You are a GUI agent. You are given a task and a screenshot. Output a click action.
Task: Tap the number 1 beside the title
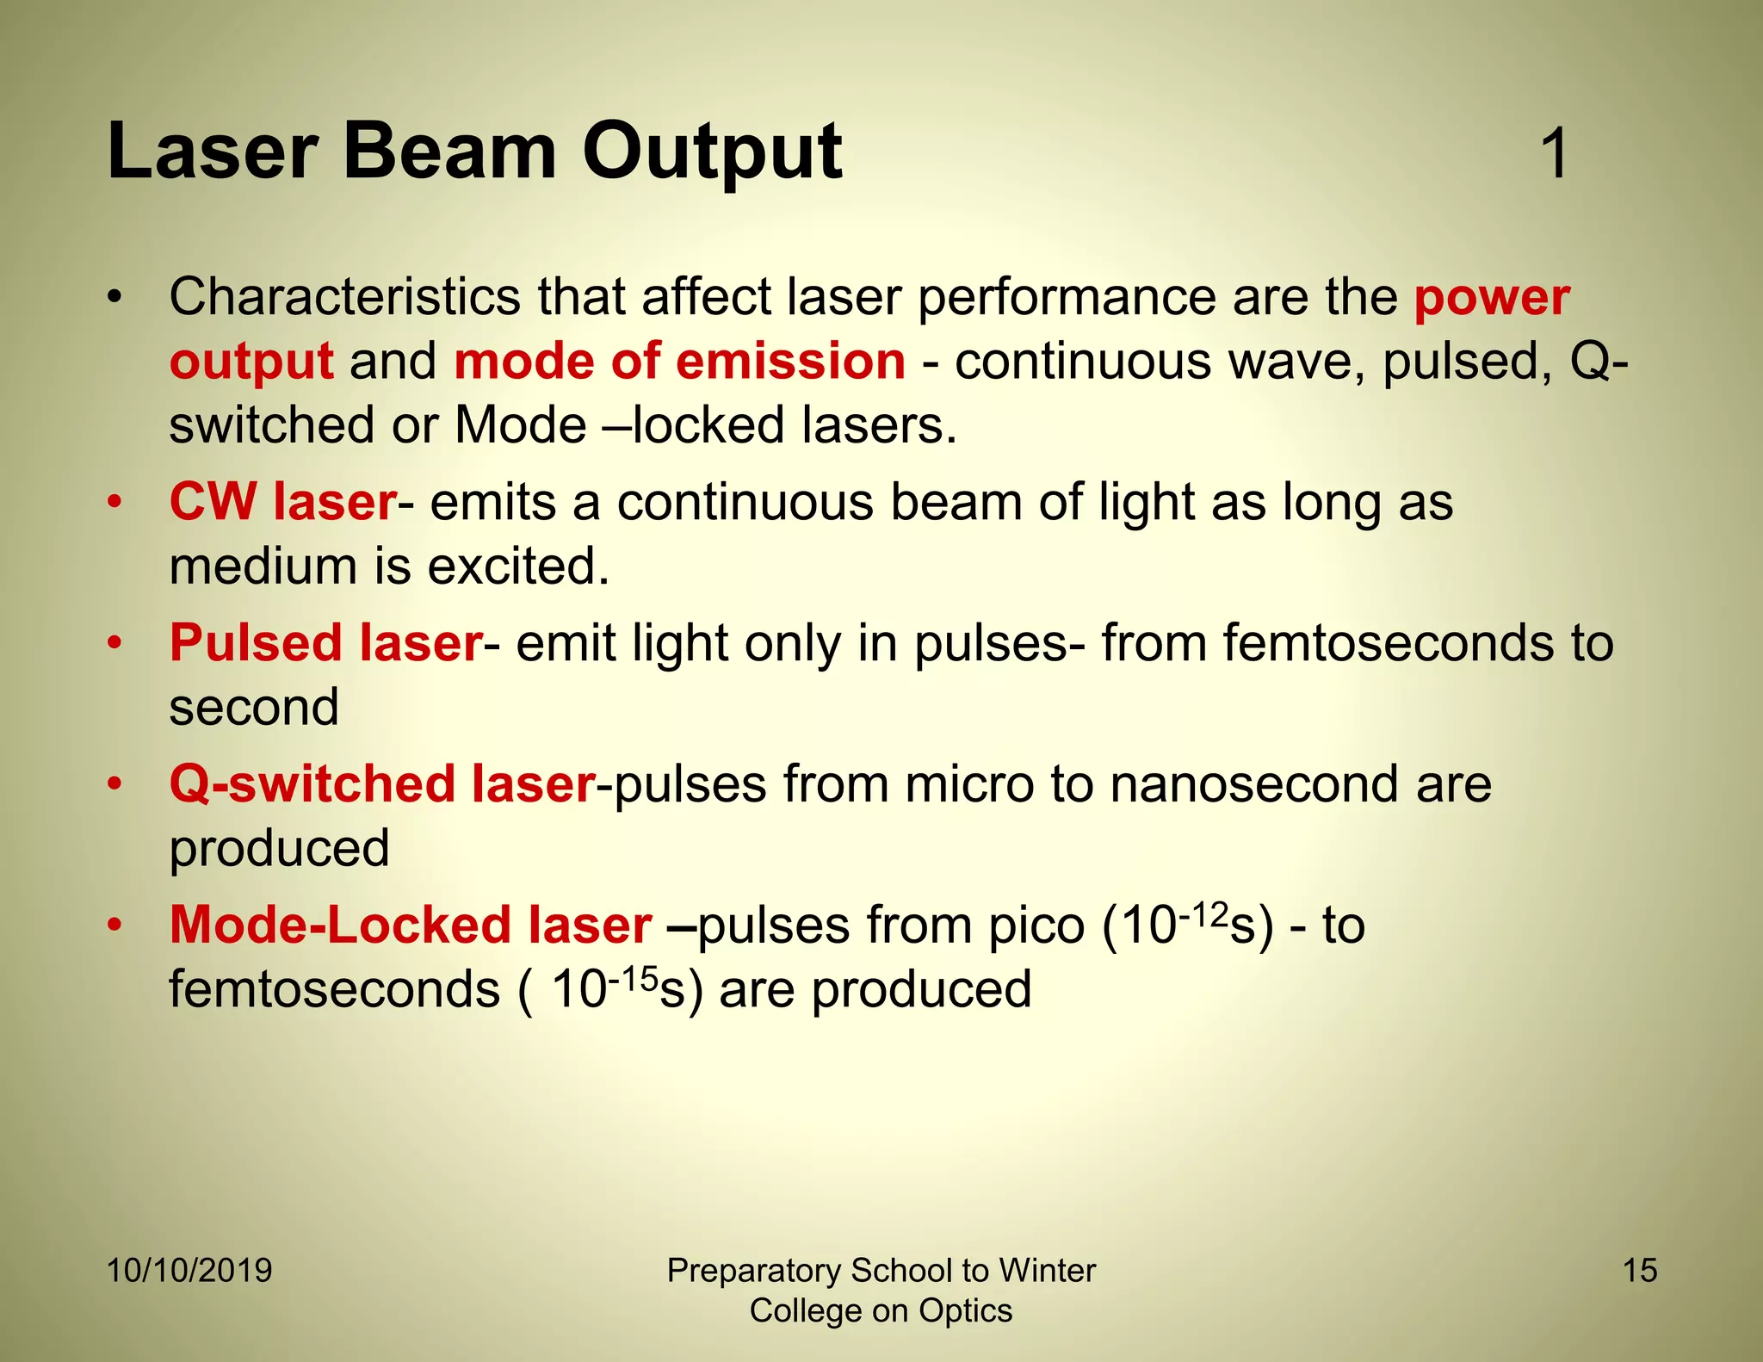1555,154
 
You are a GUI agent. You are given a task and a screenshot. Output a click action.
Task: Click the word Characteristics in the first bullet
344,297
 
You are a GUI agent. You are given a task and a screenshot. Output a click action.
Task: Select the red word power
1492,299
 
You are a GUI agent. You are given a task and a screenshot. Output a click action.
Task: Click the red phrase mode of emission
679,361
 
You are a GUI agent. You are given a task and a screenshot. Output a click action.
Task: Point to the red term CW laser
282,502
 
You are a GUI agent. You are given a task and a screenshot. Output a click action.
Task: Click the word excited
518,566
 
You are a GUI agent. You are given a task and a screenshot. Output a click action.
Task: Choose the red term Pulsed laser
325,643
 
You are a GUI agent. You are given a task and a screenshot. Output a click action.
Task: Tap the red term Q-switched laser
382,784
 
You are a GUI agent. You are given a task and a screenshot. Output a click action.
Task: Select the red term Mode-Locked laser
410,926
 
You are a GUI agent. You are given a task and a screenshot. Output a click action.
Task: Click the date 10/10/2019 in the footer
189,1271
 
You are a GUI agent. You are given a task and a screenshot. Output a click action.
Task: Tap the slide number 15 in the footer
1640,1271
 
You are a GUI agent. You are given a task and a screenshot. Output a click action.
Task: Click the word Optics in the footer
965,1311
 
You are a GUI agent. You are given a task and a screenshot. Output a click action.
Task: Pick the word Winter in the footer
1047,1271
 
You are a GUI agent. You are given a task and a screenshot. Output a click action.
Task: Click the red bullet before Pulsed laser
114,643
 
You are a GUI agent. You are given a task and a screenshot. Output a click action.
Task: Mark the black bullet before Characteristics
114,299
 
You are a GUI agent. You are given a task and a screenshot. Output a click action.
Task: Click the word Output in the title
712,153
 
